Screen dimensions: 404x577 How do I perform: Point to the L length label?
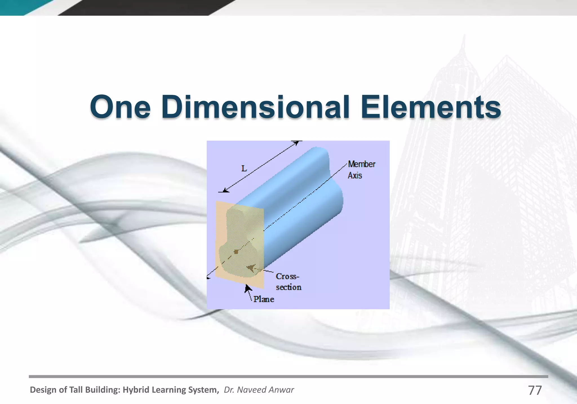pyautogui.click(x=244, y=169)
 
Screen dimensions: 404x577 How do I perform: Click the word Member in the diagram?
pyautogui.click(x=362, y=164)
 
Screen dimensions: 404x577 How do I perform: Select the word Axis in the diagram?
pyautogui.click(x=355, y=176)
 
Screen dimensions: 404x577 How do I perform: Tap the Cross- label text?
pyautogui.click(x=287, y=276)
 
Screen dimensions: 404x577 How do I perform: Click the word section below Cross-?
pyautogui.click(x=288, y=287)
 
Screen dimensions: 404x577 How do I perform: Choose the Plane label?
pyautogui.click(x=264, y=299)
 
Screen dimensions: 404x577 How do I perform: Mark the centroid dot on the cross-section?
pyautogui.click(x=236, y=252)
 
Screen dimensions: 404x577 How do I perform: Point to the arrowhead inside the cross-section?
pyautogui.click(x=250, y=267)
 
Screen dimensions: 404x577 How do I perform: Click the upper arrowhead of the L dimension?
pyautogui.click(x=296, y=143)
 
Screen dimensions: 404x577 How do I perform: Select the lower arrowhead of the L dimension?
pyautogui.click(x=225, y=190)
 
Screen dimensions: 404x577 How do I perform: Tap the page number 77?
pyautogui.click(x=535, y=390)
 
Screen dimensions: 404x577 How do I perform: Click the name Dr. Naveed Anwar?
pyautogui.click(x=259, y=390)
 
